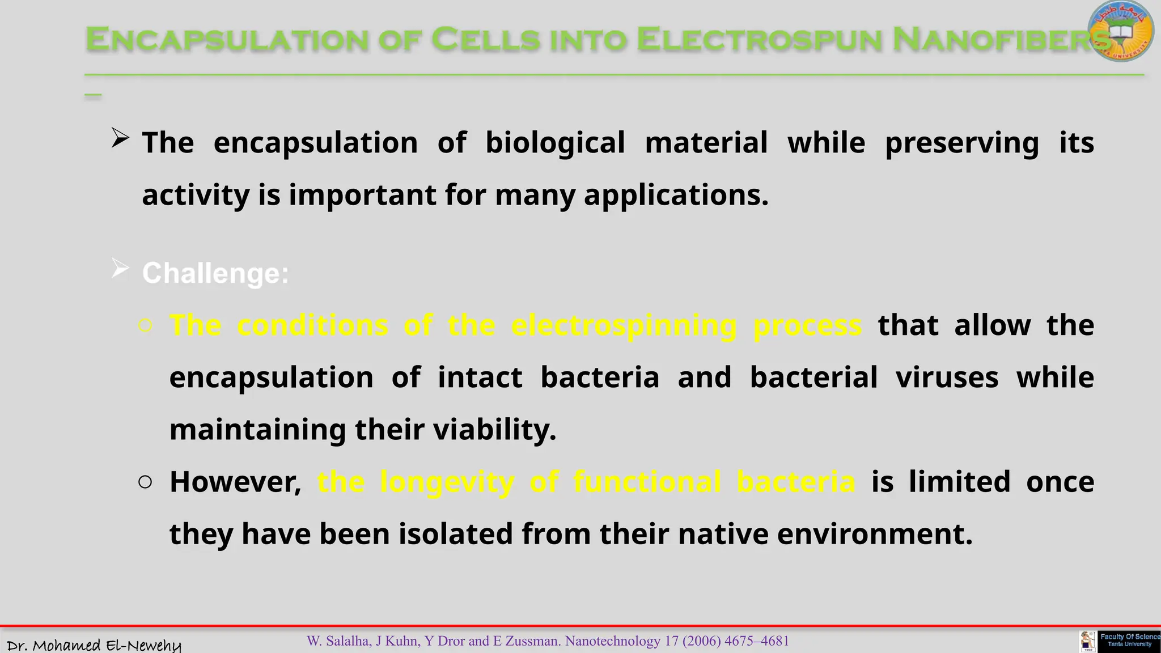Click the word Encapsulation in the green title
[x=227, y=40]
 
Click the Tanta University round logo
[x=1121, y=31]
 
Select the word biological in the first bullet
[x=555, y=143]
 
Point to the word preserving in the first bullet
[x=962, y=143]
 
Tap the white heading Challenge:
[x=215, y=274]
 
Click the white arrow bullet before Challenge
[x=120, y=268]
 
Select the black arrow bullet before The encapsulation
[x=120, y=138]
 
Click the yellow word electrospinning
[x=624, y=326]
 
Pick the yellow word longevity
[x=447, y=482]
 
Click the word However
[x=235, y=482]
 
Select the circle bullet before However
[x=145, y=482]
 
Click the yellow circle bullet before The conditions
[x=145, y=325]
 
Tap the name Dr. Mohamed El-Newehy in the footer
[x=94, y=645]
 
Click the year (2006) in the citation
[x=701, y=641]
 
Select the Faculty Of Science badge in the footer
[x=1129, y=641]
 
